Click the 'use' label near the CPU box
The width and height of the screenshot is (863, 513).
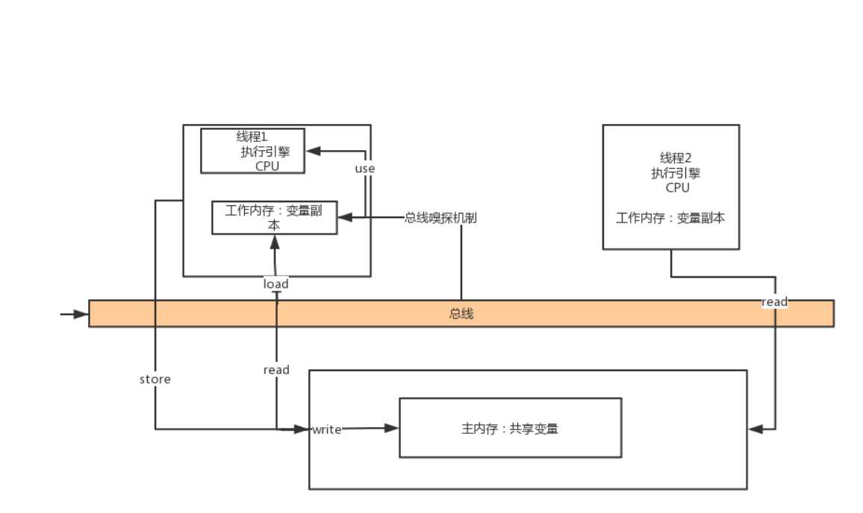click(364, 169)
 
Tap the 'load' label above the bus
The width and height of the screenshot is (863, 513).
click(275, 284)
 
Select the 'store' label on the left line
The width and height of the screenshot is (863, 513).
click(155, 379)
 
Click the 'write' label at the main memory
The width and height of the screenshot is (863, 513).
click(326, 429)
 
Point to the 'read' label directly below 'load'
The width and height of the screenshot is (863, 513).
click(276, 370)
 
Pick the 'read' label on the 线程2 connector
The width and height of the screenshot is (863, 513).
click(774, 302)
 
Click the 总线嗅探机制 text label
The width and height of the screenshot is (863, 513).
click(440, 218)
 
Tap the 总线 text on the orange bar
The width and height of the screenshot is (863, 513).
click(461, 314)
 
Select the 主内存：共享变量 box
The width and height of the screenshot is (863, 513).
click(510, 428)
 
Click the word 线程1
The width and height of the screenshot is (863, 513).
click(252, 137)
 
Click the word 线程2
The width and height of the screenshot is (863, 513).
click(676, 158)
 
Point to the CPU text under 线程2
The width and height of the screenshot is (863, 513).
click(677, 187)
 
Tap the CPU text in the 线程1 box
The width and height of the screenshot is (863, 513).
click(267, 166)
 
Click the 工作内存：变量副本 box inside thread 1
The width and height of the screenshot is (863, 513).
click(274, 217)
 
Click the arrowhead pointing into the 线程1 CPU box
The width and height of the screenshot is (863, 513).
click(313, 151)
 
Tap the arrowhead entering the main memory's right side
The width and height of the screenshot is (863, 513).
click(755, 429)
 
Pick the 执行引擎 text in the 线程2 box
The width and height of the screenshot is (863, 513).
click(676, 173)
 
